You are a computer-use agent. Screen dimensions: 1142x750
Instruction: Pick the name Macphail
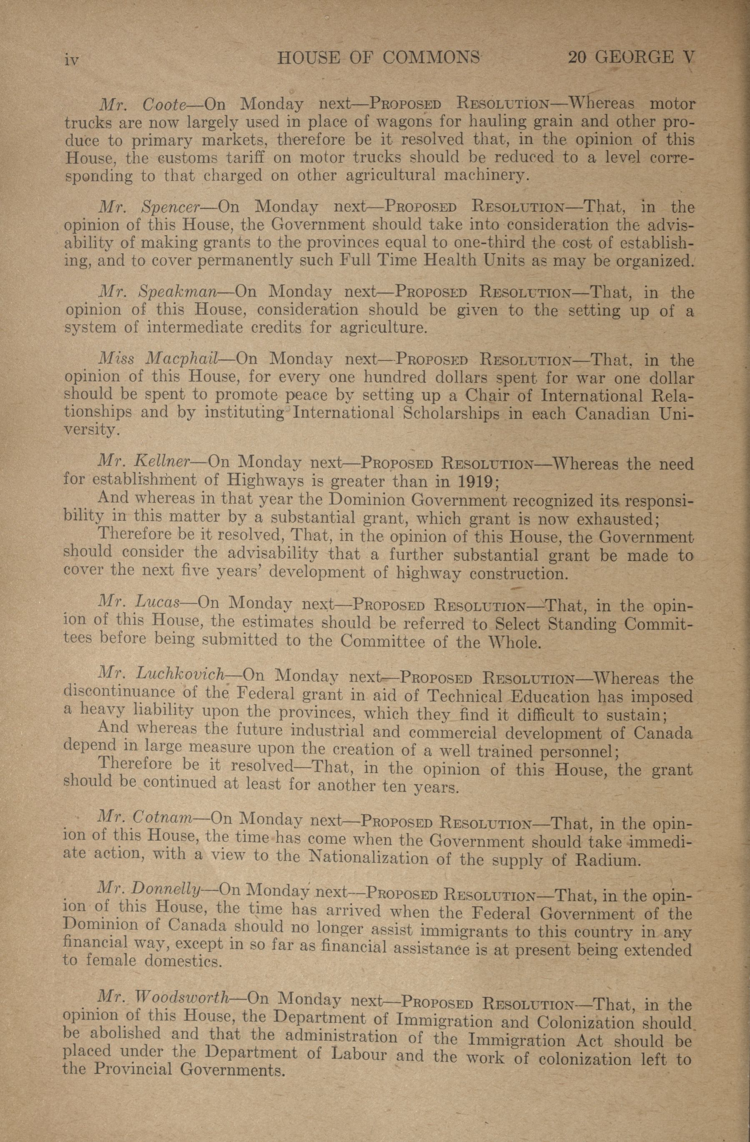182,359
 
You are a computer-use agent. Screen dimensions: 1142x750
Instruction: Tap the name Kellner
163,462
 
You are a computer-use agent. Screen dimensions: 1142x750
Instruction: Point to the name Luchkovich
181,674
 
